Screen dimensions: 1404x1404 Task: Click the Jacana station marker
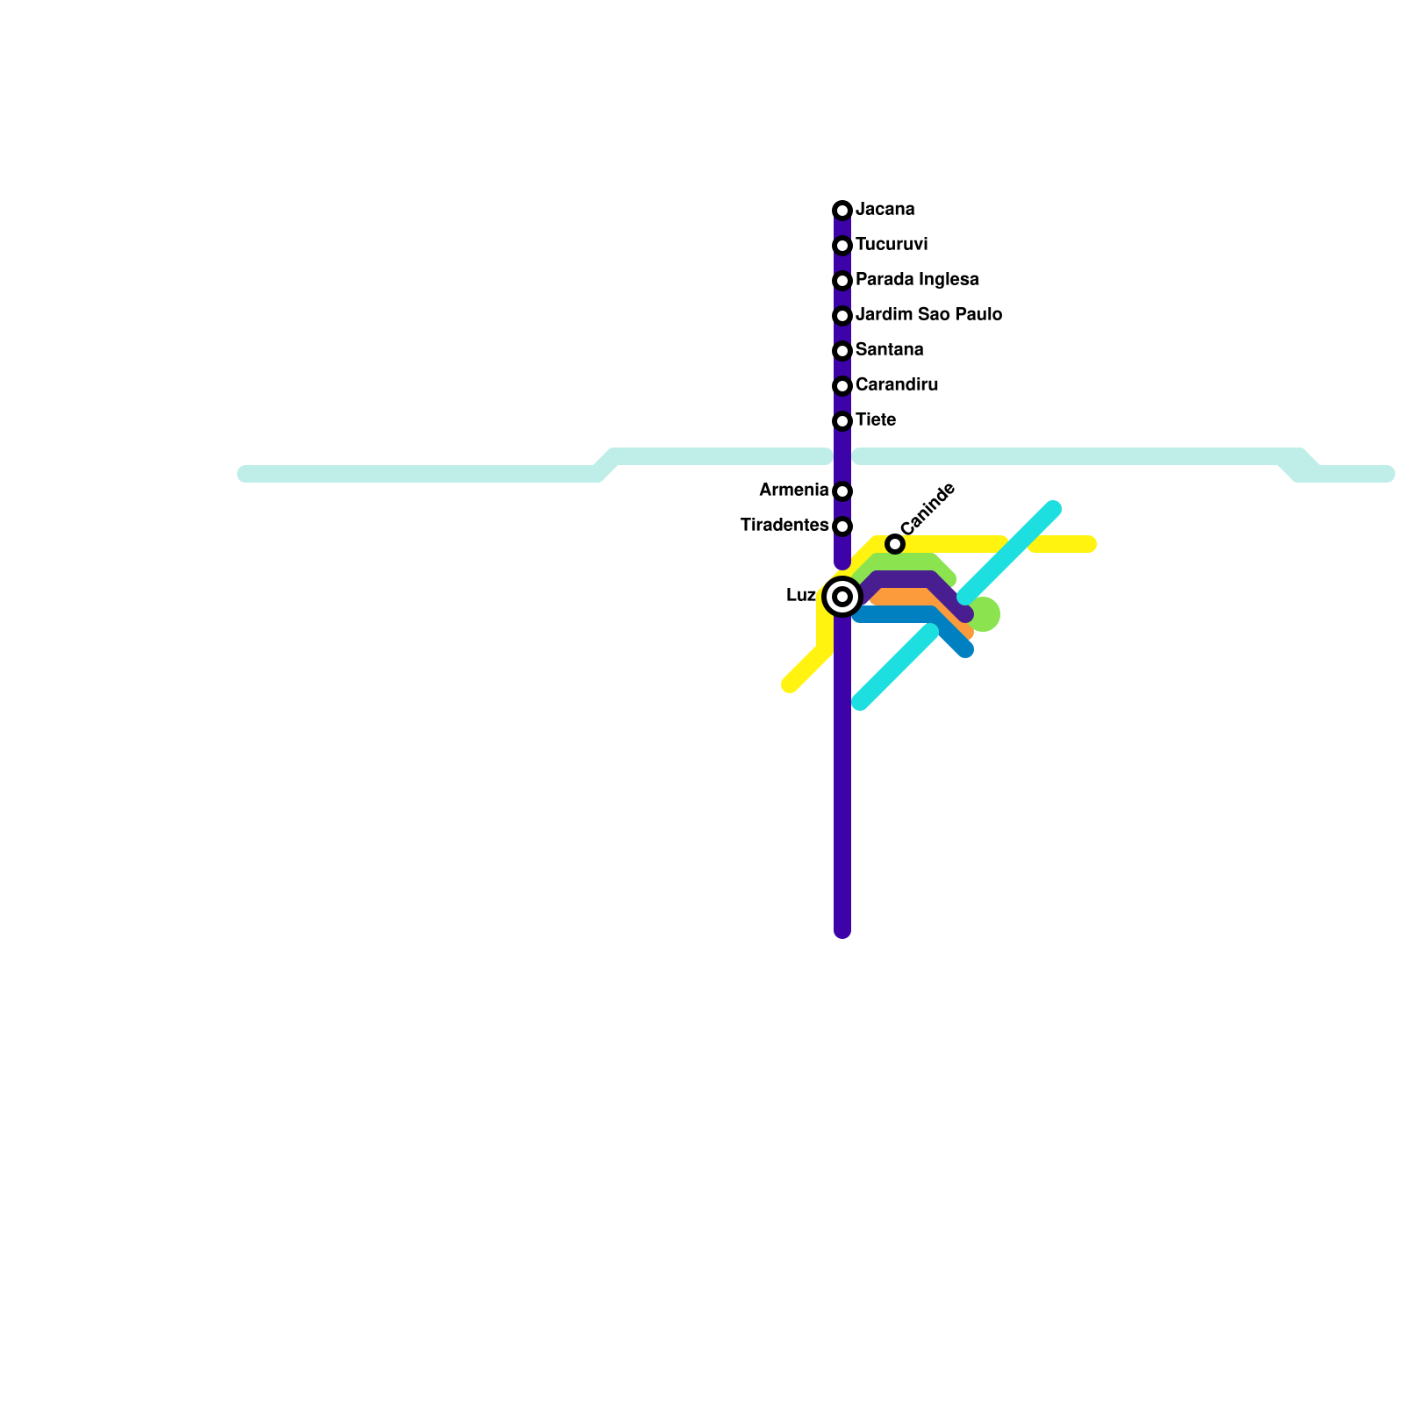(x=842, y=211)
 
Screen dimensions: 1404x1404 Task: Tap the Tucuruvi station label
(x=891, y=244)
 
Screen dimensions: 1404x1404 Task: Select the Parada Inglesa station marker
(x=842, y=281)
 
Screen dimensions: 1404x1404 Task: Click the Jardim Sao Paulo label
(x=928, y=314)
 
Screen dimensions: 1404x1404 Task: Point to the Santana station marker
(x=842, y=351)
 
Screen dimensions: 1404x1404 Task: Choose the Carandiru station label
(x=896, y=384)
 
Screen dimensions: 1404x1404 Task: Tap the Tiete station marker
(x=842, y=421)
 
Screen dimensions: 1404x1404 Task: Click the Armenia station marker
(x=842, y=491)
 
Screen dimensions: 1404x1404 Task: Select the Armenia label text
(x=793, y=490)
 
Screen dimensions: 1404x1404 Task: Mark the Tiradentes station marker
(x=842, y=526)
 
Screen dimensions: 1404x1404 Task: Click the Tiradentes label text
(x=784, y=525)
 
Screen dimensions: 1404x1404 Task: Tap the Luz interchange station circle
(x=842, y=597)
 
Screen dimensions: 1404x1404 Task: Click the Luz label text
(x=801, y=595)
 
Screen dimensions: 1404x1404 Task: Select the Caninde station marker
(x=894, y=544)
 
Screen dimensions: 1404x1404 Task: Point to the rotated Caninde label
(x=928, y=509)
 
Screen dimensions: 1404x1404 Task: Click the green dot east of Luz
(x=985, y=614)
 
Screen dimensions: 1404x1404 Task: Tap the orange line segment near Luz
(x=904, y=597)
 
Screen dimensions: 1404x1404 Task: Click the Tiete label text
(x=875, y=419)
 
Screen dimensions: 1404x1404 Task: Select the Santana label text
(x=889, y=349)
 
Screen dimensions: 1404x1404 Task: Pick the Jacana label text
(x=885, y=209)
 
